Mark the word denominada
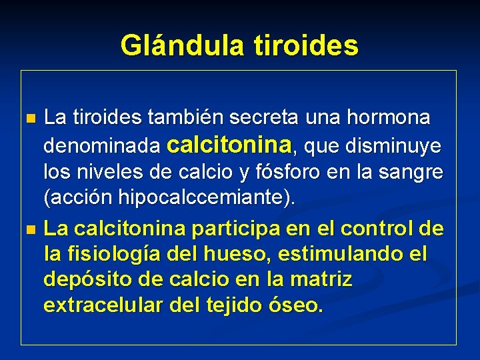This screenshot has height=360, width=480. click(101, 145)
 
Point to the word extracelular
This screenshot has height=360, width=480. click(101, 305)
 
